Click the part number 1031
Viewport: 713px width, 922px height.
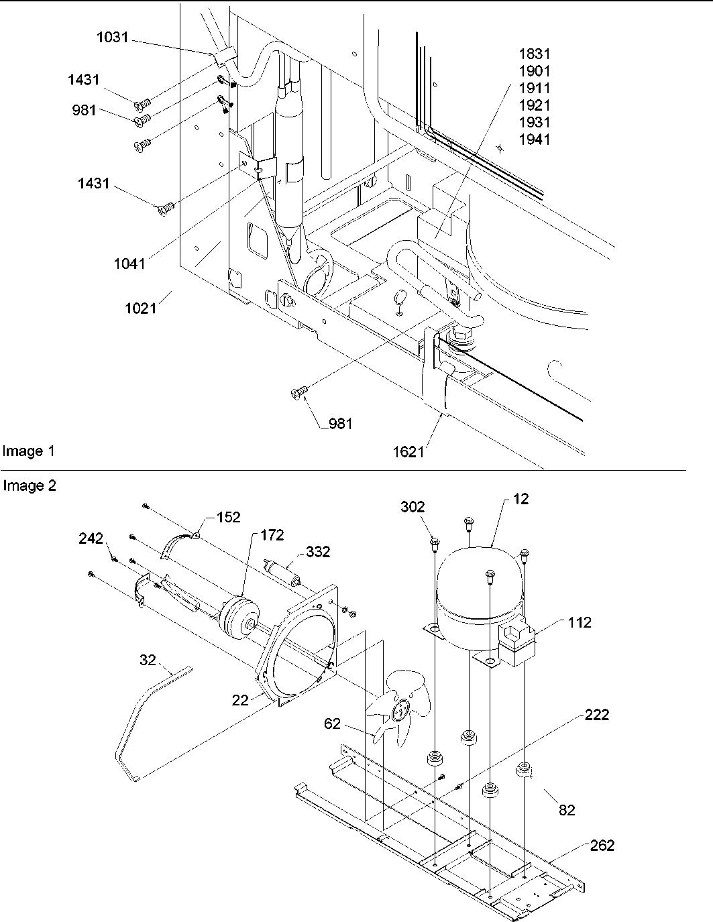pyautogui.click(x=112, y=37)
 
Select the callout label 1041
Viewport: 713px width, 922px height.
pyautogui.click(x=129, y=264)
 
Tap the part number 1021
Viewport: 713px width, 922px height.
pyautogui.click(x=140, y=308)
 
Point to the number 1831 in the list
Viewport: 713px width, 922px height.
pyautogui.click(x=535, y=54)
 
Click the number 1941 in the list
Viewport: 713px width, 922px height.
pyautogui.click(x=535, y=139)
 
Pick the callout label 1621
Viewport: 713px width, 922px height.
pyautogui.click(x=408, y=451)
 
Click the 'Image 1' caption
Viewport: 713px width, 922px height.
pyautogui.click(x=28, y=451)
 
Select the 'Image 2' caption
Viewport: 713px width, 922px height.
pyautogui.click(x=30, y=485)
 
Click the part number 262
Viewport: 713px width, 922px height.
pyautogui.click(x=602, y=846)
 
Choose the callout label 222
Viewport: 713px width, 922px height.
pyautogui.click(x=596, y=715)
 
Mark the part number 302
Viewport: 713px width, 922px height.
pyautogui.click(x=413, y=506)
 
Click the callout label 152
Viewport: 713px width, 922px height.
pyautogui.click(x=228, y=517)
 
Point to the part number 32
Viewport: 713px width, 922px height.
pyautogui.click(x=147, y=660)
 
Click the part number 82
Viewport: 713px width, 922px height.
pyautogui.click(x=567, y=810)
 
